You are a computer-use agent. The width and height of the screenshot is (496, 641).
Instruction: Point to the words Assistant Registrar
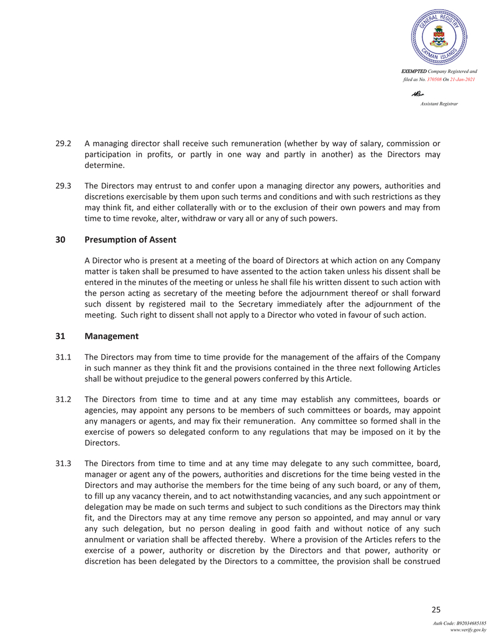coord(439,103)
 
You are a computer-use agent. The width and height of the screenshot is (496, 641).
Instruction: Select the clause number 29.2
coord(63,143)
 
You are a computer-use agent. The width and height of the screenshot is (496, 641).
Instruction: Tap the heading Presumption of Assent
coord(130,240)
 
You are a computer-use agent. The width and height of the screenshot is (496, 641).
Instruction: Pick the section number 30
coord(60,240)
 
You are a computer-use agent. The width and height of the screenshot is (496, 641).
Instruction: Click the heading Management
coord(111,336)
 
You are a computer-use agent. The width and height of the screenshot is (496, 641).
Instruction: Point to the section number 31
coord(60,336)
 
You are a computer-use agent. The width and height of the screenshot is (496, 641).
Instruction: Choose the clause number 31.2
coord(63,400)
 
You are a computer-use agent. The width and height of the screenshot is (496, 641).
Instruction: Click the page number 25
coord(435,610)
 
